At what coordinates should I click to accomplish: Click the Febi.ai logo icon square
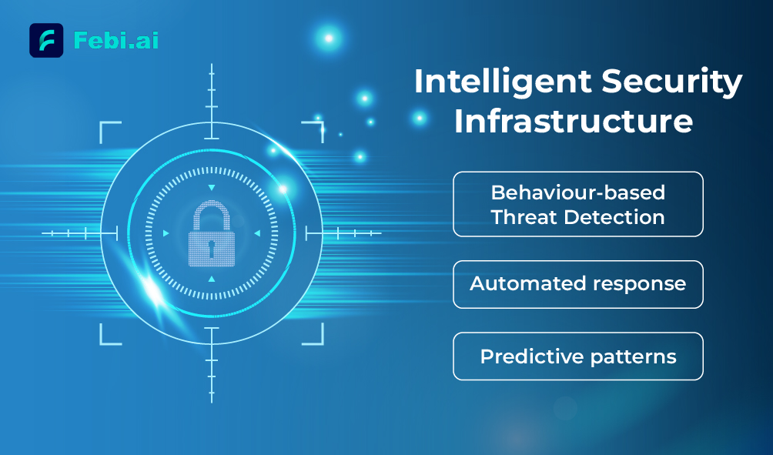(x=46, y=41)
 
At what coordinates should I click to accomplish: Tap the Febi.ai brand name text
(x=115, y=40)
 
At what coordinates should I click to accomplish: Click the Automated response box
(x=577, y=284)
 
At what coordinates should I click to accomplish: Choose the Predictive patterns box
(x=577, y=356)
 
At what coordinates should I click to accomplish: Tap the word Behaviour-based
(x=577, y=192)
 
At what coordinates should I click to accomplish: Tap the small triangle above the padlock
(x=212, y=188)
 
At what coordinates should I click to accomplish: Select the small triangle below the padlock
(x=212, y=279)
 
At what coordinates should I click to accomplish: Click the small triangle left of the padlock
(x=166, y=233)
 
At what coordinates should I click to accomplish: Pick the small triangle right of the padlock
(x=257, y=233)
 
